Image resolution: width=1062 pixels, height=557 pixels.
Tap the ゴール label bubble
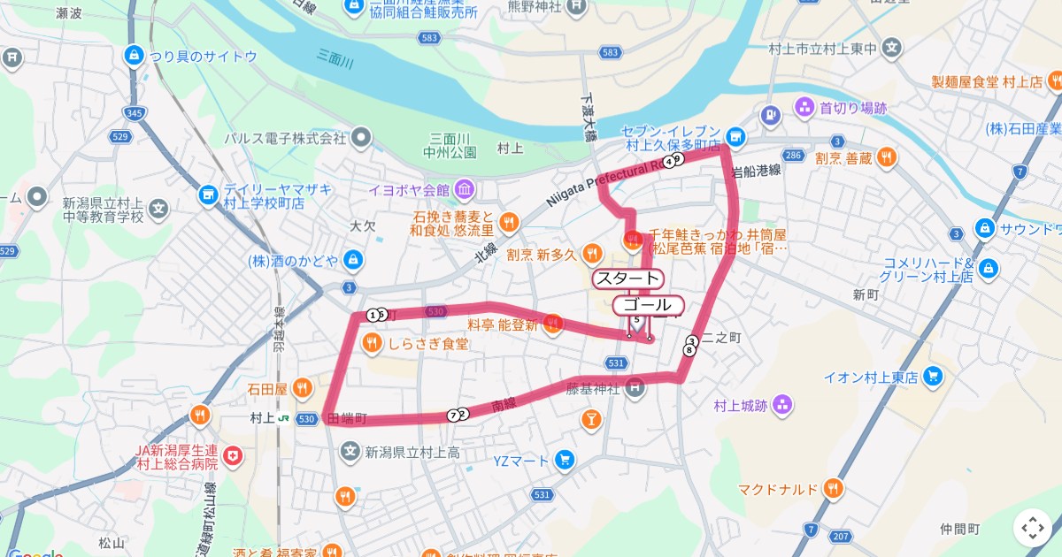pyautogui.click(x=646, y=305)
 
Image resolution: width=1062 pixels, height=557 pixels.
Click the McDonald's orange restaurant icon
pyautogui.click(x=832, y=488)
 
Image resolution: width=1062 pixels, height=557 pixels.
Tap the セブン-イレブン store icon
pyautogui.click(x=734, y=136)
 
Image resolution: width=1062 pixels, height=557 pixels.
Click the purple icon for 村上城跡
pyautogui.click(x=781, y=406)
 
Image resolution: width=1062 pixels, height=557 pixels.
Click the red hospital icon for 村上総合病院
pyautogui.click(x=232, y=457)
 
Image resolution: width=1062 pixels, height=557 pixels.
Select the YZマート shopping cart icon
pyautogui.click(x=565, y=460)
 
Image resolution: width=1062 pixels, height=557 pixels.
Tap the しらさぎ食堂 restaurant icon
pyautogui.click(x=372, y=343)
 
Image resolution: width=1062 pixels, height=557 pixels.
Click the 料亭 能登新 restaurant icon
pyautogui.click(x=553, y=324)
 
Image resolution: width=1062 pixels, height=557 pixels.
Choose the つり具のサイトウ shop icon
pyautogui.click(x=135, y=57)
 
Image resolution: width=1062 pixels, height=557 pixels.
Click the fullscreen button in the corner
pyautogui.click(x=1032, y=528)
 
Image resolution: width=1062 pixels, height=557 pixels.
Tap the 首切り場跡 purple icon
pyautogui.click(x=804, y=108)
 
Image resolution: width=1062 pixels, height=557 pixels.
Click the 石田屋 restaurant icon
pyautogui.click(x=302, y=387)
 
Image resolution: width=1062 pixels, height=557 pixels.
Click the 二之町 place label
pyautogui.click(x=722, y=337)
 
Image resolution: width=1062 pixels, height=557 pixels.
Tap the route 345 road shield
pyautogui.click(x=135, y=113)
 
